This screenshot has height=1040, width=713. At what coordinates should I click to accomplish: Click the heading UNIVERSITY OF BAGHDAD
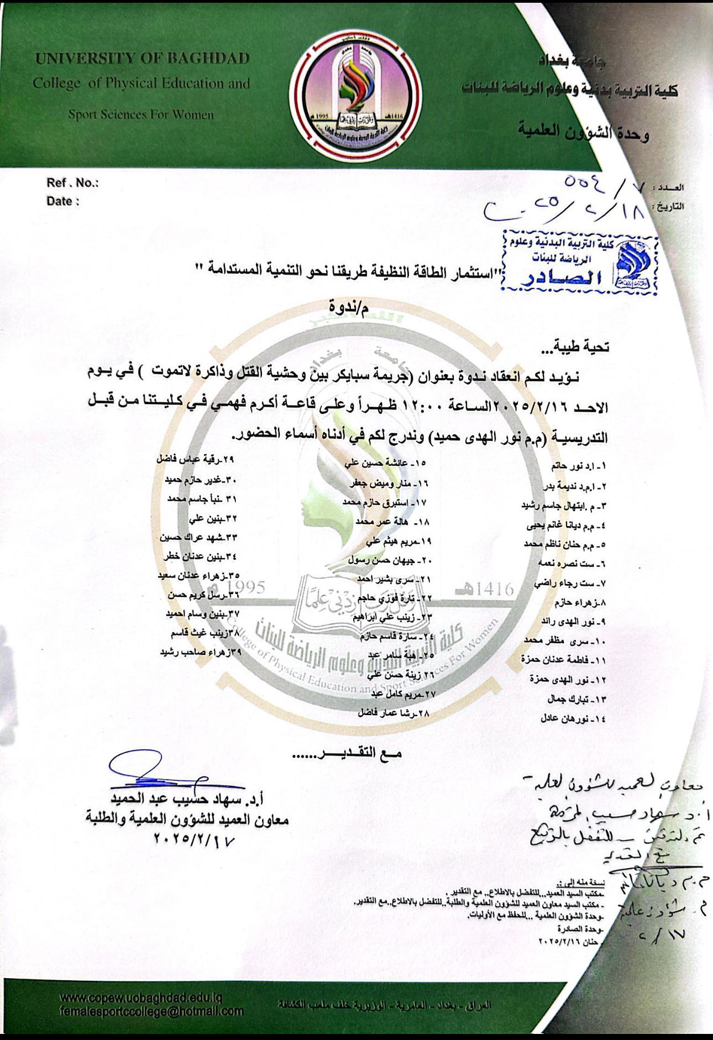[x=142, y=59]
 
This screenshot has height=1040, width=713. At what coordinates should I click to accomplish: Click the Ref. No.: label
[x=72, y=183]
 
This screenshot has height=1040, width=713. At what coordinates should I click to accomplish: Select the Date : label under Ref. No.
[x=62, y=201]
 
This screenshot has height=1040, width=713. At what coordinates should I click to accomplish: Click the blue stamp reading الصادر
[x=580, y=263]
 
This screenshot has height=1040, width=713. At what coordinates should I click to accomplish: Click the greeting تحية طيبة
[x=575, y=347]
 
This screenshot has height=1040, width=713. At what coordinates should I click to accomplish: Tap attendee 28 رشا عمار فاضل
[x=394, y=713]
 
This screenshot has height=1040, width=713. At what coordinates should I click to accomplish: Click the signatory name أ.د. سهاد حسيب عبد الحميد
[x=186, y=799]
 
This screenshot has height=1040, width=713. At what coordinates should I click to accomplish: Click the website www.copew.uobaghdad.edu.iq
[x=140, y=999]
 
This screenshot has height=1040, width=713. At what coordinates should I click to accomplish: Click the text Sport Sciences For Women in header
[x=141, y=115]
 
